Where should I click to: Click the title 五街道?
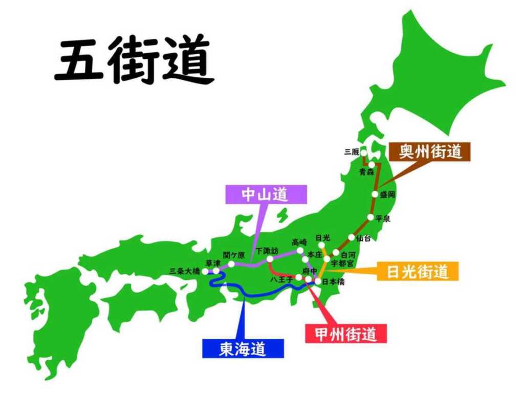[x=134, y=60]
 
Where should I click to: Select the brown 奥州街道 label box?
[x=430, y=152]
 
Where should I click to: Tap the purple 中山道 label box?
[x=266, y=194]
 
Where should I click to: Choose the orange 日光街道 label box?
[x=418, y=271]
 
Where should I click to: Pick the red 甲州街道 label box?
[x=346, y=334]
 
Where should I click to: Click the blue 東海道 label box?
[x=243, y=349]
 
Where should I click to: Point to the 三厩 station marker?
[x=363, y=152]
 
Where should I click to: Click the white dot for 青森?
[x=373, y=165]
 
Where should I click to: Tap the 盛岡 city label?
[x=387, y=194]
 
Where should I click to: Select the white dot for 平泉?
[x=370, y=217]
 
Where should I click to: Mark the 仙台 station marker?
[x=352, y=237]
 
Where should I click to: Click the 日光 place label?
[x=322, y=237]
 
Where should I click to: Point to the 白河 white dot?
[x=336, y=253]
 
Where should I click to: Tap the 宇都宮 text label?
[x=342, y=263]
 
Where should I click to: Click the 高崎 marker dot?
[x=300, y=250]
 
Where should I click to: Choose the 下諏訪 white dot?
[x=270, y=259]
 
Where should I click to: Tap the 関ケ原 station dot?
[x=231, y=264]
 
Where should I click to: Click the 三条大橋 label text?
[x=185, y=272]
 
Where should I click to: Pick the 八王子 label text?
[x=281, y=279]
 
